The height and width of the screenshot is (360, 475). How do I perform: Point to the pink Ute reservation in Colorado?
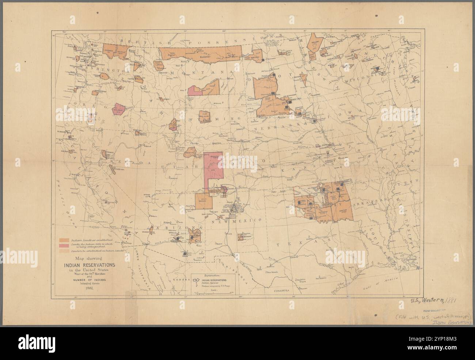[x=213, y=168]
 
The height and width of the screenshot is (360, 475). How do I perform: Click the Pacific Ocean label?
[x=66, y=205]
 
